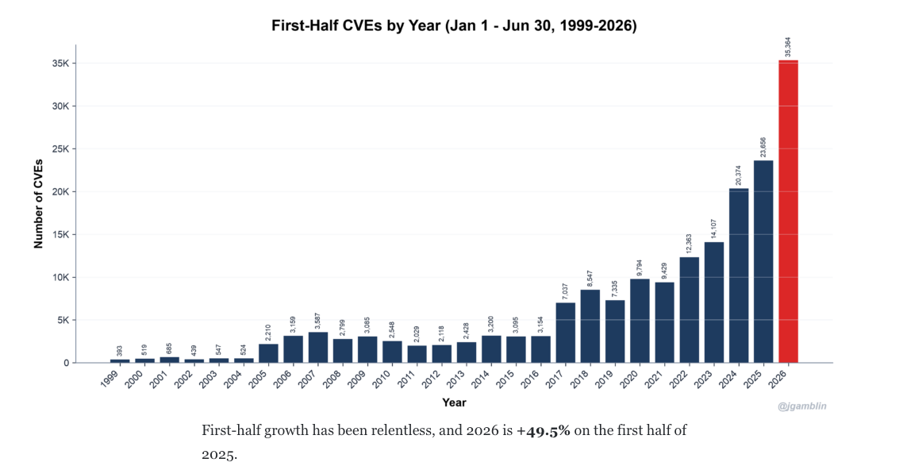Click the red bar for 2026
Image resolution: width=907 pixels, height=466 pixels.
(788, 211)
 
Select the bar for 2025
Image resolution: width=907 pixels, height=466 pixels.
(763, 262)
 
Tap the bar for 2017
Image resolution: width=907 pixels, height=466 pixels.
(565, 333)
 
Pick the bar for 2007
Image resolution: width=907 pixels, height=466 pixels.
(317, 348)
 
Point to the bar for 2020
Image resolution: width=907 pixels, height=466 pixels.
(640, 321)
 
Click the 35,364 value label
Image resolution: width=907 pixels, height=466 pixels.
(788, 48)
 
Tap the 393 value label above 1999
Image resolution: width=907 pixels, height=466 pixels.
(120, 351)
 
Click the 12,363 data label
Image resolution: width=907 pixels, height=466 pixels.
(689, 244)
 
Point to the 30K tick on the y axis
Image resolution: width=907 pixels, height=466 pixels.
(61, 106)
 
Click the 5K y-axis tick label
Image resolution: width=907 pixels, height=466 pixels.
(63, 320)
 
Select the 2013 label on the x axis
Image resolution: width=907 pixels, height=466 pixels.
(463, 379)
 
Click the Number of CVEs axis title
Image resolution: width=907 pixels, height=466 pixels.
(39, 204)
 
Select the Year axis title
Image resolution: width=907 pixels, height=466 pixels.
(454, 402)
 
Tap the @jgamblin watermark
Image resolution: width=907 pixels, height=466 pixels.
(802, 406)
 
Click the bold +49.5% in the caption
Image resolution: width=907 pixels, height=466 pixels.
(544, 431)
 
